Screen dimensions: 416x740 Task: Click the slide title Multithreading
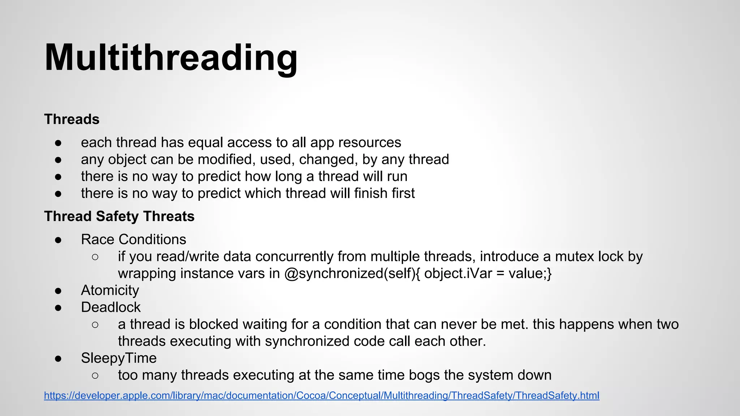click(171, 58)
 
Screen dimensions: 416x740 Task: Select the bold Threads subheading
click(72, 119)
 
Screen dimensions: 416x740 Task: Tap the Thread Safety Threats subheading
click(119, 216)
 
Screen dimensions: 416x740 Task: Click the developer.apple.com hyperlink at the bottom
click(322, 395)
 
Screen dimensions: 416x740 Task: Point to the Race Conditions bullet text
click(133, 239)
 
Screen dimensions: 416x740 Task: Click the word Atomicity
click(110, 290)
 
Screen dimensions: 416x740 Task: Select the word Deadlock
click(111, 307)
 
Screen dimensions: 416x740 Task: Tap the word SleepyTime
click(119, 358)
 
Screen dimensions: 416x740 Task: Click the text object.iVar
click(458, 273)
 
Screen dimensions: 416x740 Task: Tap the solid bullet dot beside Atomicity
click(58, 291)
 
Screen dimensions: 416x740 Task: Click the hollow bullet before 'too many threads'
click(95, 376)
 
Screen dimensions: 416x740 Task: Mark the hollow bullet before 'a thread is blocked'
click(95, 325)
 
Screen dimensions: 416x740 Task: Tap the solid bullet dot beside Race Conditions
click(58, 240)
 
